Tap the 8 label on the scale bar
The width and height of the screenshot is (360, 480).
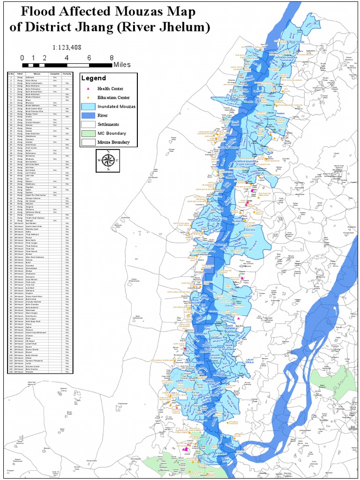click(x=112, y=58)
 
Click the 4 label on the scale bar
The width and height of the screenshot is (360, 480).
click(x=67, y=58)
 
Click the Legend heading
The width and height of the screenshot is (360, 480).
click(x=94, y=78)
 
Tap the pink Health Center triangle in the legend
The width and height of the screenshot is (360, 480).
click(x=87, y=88)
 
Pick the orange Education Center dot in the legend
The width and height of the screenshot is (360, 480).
click(x=87, y=97)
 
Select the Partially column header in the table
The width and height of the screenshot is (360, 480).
click(x=67, y=74)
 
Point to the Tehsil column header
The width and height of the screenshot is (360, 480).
click(x=20, y=74)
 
